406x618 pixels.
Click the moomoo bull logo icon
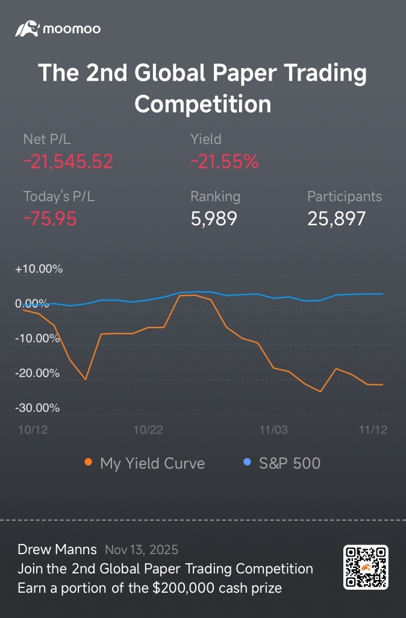click(27, 29)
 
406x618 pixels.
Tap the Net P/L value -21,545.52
click(68, 161)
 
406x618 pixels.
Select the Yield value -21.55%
click(225, 161)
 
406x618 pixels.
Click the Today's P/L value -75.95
click(50, 219)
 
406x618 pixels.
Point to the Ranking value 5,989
click(214, 219)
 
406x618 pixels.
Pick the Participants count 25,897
click(336, 219)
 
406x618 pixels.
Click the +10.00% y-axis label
click(39, 269)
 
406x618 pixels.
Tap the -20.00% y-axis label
click(37, 373)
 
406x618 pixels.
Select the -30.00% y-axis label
click(37, 408)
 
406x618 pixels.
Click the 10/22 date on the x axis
click(148, 429)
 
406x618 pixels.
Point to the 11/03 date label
click(273, 429)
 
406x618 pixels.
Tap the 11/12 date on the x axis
click(373, 429)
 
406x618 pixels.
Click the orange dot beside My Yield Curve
click(89, 462)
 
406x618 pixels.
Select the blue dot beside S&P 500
click(247, 462)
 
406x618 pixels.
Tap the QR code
click(366, 567)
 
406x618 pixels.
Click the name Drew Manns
click(57, 549)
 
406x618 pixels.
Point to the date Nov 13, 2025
click(142, 550)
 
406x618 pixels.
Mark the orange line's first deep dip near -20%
click(86, 379)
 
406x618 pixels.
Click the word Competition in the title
click(202, 104)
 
